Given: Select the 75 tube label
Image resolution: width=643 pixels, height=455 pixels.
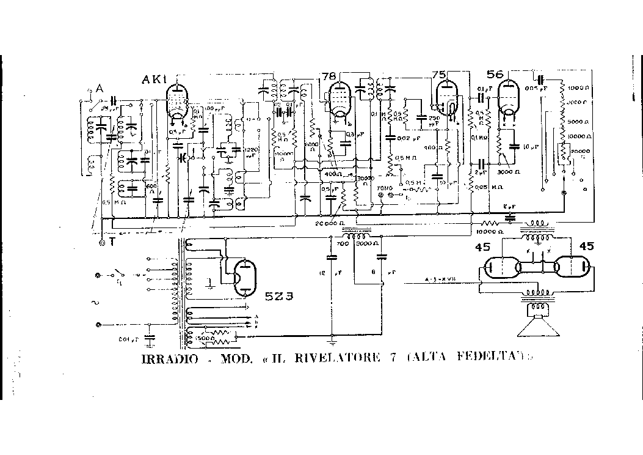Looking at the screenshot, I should coord(439,75).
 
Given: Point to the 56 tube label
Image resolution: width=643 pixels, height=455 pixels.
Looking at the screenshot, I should coord(495,74).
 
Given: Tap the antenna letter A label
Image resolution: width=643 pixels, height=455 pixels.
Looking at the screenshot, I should coord(98,89).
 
